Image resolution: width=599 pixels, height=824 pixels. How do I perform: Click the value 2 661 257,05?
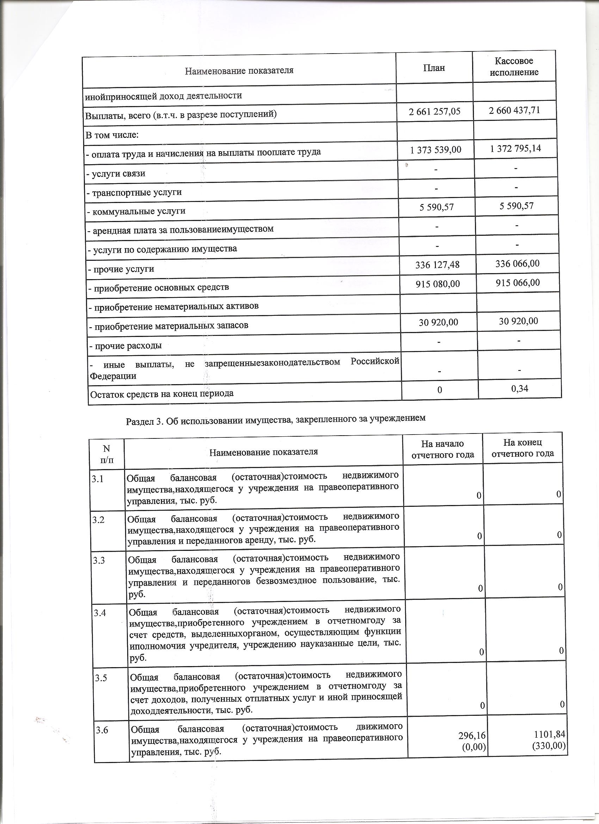(x=434, y=111)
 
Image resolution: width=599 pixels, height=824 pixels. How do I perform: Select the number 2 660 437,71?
(x=514, y=110)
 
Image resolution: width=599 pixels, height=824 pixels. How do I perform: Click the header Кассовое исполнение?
(x=514, y=67)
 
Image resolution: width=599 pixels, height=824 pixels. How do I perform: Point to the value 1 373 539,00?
(x=436, y=150)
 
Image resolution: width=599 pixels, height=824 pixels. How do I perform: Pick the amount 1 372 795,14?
(x=515, y=148)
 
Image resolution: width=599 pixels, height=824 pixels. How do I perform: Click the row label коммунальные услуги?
(x=136, y=211)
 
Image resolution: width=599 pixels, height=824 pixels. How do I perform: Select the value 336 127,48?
(x=437, y=265)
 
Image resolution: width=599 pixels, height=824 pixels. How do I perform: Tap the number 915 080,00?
(x=438, y=284)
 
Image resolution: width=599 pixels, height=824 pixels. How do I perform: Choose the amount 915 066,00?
(x=518, y=282)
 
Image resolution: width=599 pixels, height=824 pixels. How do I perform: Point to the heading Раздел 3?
(x=275, y=419)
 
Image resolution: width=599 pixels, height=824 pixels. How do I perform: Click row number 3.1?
(x=98, y=479)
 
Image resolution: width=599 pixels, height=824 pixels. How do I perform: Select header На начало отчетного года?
(x=443, y=449)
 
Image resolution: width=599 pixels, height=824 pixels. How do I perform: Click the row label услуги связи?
(x=116, y=173)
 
